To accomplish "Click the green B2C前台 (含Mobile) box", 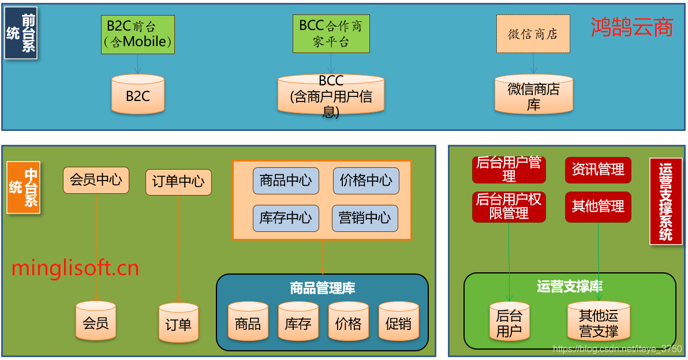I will click(x=137, y=35).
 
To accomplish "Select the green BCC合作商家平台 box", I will click(x=331, y=34).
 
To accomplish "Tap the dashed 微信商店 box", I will click(x=533, y=34).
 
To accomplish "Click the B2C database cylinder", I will click(x=138, y=95).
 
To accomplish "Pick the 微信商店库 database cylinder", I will click(x=533, y=95).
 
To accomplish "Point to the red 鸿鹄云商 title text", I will click(x=632, y=27).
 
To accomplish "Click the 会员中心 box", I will click(x=96, y=180).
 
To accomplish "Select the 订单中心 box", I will click(x=178, y=182).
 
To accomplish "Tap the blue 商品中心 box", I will click(x=286, y=181).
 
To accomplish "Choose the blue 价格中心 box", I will click(x=366, y=181).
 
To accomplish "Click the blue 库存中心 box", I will click(x=286, y=218).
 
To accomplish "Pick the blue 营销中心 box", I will click(x=365, y=218).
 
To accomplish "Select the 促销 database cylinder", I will click(x=398, y=323).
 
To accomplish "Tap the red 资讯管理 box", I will click(x=598, y=170).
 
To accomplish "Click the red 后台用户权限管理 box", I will click(x=508, y=207).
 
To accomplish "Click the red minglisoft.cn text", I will click(x=75, y=268).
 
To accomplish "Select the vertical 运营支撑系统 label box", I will click(x=665, y=201).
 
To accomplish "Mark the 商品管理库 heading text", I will click(x=322, y=288).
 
